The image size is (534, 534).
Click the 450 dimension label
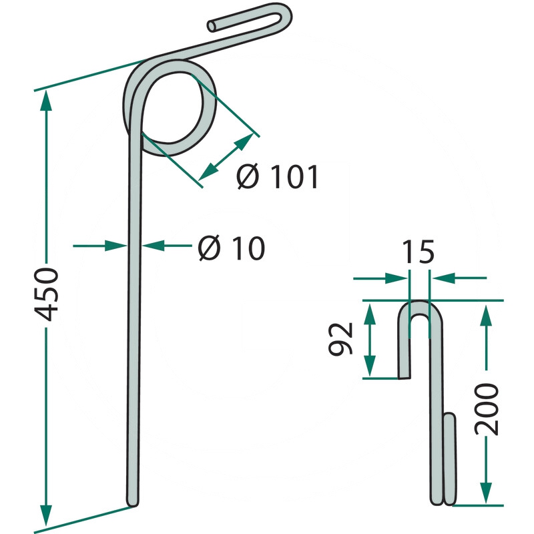point(47,294)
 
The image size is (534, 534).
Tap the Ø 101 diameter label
point(278,176)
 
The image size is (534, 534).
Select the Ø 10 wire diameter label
point(231,248)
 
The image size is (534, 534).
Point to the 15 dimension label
point(419,252)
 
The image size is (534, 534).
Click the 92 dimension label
point(340,339)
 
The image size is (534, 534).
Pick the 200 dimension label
point(487,409)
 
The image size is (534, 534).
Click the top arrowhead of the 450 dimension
point(46,101)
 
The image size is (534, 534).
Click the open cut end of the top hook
point(212,27)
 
